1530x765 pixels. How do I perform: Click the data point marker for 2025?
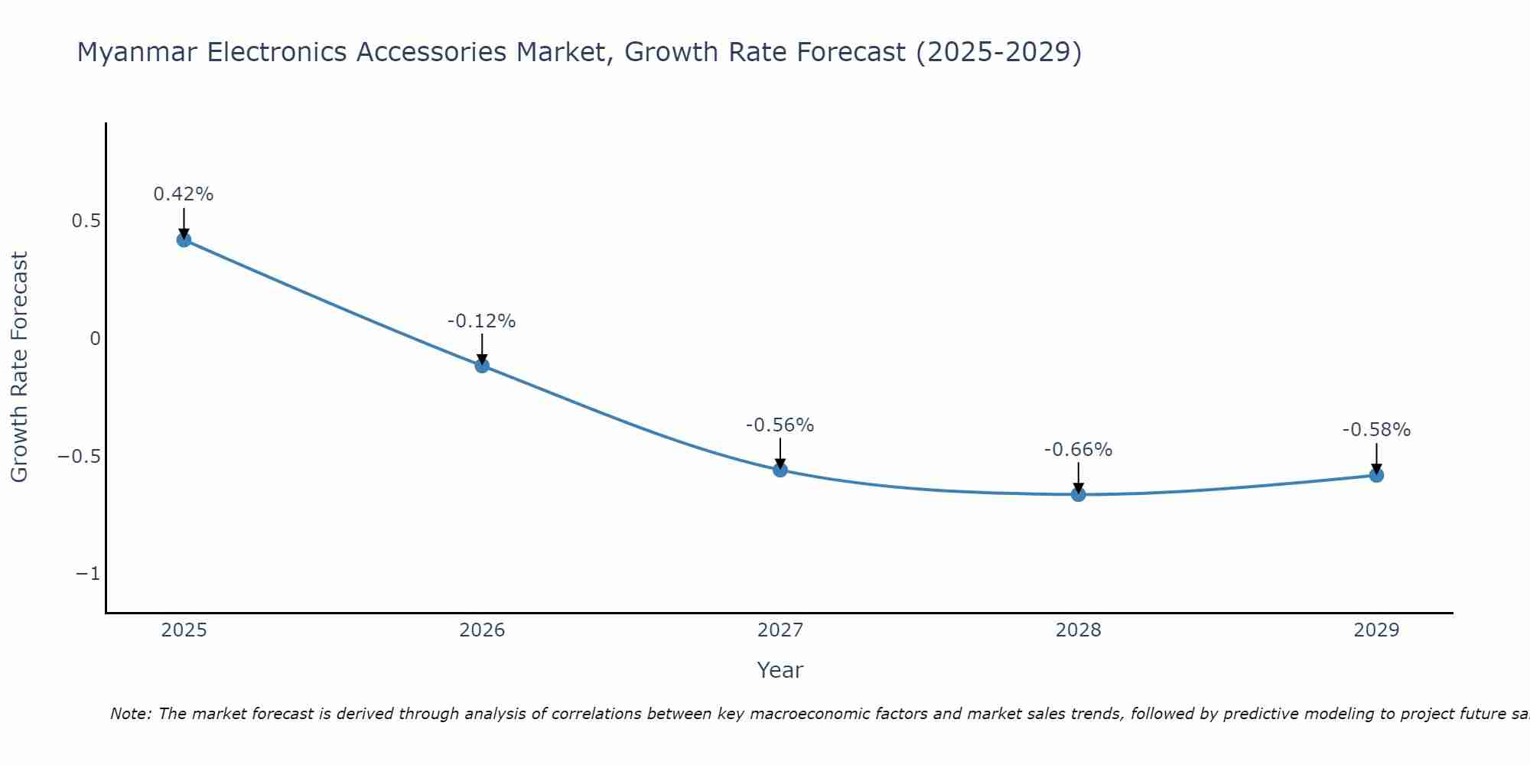[184, 239]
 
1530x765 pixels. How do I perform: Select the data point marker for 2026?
[482, 365]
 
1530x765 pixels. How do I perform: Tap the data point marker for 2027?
[780, 469]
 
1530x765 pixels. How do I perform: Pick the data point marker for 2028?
[1079, 494]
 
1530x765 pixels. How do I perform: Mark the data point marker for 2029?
[1376, 475]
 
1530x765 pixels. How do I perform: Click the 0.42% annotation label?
[184, 194]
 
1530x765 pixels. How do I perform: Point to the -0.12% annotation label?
[482, 321]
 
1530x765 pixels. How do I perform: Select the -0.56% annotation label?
[780, 425]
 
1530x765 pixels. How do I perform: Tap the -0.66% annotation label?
[1079, 450]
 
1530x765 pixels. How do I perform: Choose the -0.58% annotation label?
[1376, 430]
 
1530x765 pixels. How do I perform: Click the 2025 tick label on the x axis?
[184, 630]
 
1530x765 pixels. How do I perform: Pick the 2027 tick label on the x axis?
[780, 630]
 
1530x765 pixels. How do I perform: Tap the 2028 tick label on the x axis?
[1079, 630]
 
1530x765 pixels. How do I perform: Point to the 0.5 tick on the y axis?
[86, 221]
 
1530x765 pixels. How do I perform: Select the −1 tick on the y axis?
[87, 574]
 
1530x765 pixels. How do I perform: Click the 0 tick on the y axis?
[95, 339]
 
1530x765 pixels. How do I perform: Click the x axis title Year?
[780, 670]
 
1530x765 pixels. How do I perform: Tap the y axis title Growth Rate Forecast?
[20, 367]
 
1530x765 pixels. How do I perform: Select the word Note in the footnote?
[130, 714]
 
